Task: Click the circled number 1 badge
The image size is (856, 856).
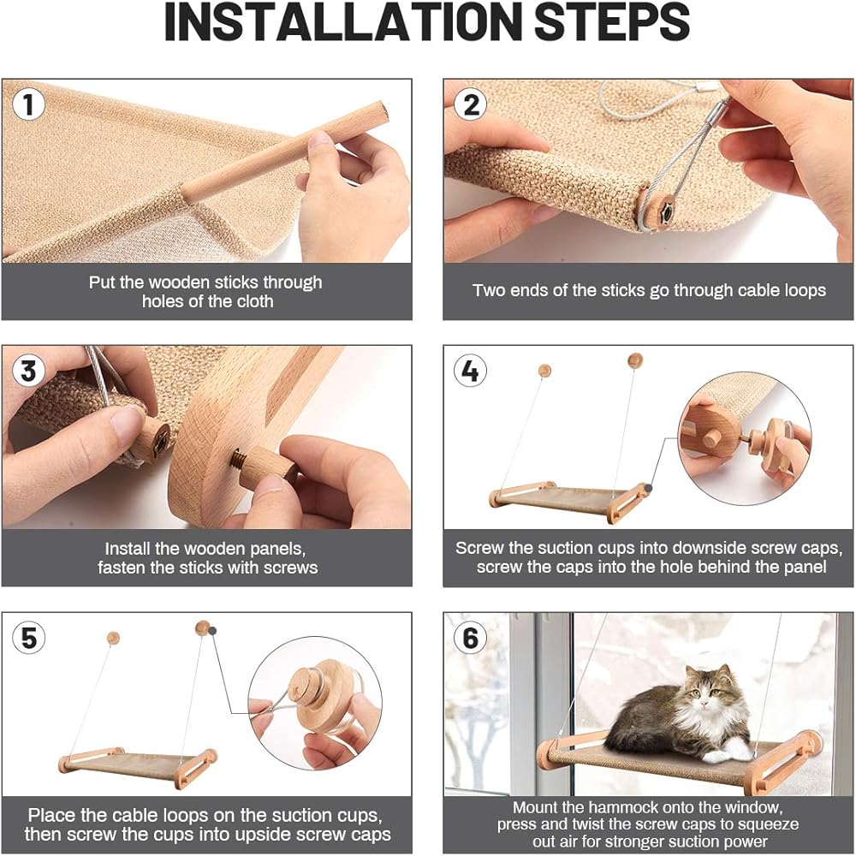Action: (x=28, y=104)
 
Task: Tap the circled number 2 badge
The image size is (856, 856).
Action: (x=471, y=104)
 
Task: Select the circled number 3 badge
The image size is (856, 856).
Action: (x=28, y=371)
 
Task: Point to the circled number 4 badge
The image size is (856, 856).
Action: (x=471, y=371)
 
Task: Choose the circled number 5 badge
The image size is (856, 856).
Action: (x=28, y=638)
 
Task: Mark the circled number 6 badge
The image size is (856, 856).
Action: (x=471, y=638)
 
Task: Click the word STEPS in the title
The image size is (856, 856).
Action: (x=612, y=22)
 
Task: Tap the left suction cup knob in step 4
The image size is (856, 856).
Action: (x=544, y=372)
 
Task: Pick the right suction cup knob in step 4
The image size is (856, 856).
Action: (x=635, y=360)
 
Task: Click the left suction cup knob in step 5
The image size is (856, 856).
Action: (x=113, y=638)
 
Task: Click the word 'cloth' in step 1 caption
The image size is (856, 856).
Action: (x=253, y=301)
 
